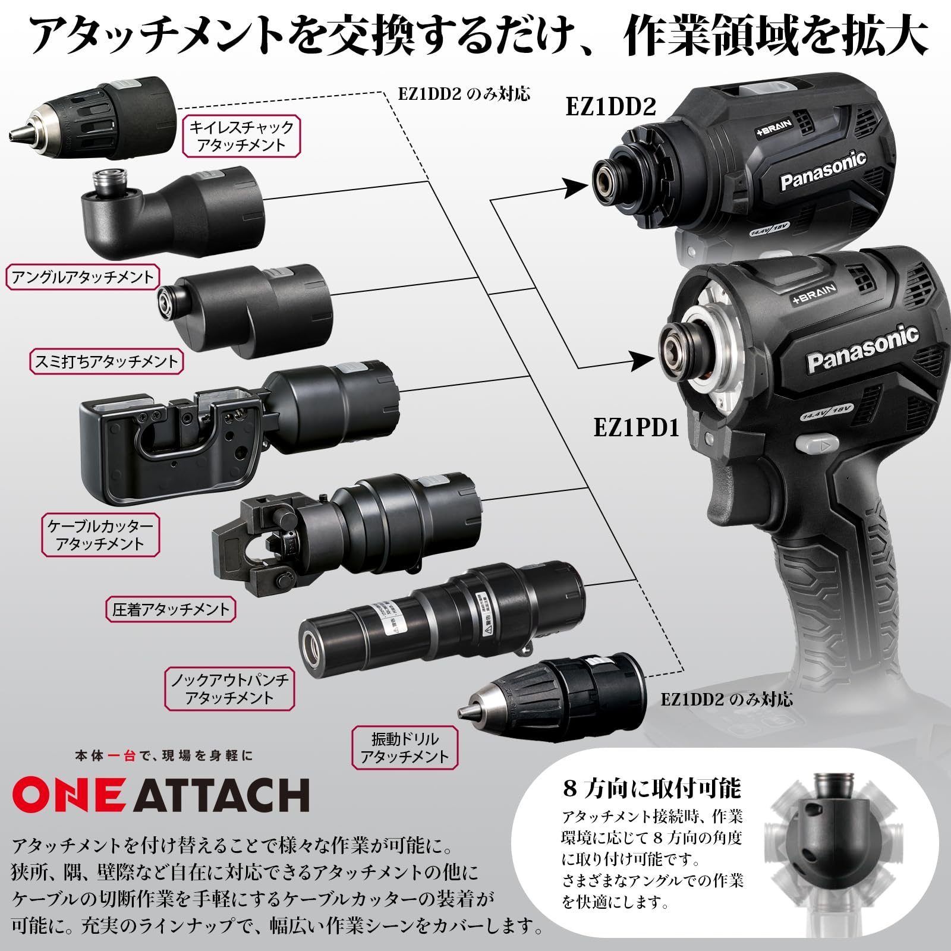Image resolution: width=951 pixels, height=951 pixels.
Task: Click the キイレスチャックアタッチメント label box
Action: coord(241,136)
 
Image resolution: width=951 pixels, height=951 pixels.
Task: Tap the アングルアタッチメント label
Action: coord(82,277)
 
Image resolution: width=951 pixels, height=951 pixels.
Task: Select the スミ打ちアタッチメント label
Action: coord(106,361)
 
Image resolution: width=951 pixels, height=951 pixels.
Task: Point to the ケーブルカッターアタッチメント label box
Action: coord(100,535)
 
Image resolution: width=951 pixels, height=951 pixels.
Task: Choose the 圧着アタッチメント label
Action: coord(171,609)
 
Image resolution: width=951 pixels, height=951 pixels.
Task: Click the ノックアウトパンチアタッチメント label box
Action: coord(229,689)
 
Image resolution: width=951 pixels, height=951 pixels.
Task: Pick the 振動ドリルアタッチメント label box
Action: coord(404,748)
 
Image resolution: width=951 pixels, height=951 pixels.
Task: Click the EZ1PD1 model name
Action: coord(636,427)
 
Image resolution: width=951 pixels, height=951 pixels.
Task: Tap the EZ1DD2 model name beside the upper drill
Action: coord(610,107)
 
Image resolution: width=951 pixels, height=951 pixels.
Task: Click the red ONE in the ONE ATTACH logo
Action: coord(68,795)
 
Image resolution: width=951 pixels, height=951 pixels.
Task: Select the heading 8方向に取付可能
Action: coord(651,788)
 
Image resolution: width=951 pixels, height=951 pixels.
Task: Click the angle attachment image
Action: coord(172,214)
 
